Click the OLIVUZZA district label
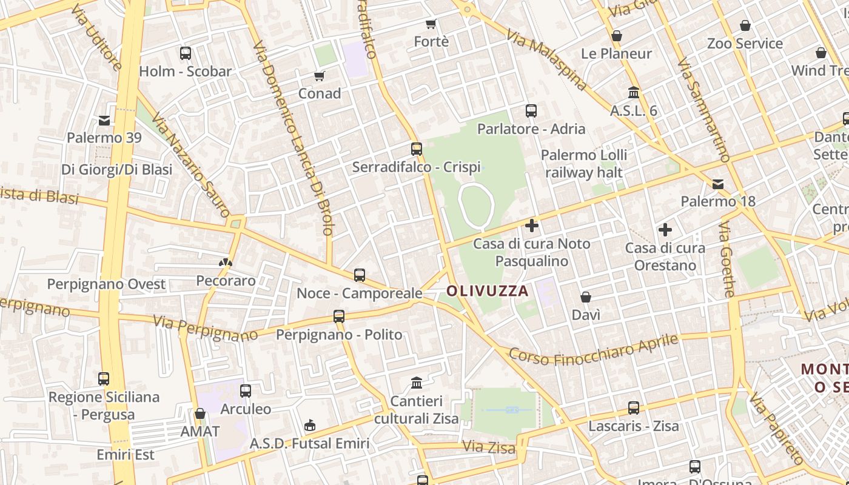[x=488, y=291]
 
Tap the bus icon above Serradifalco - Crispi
[x=416, y=149]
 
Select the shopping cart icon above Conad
[x=320, y=76]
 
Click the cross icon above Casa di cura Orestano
[x=665, y=230]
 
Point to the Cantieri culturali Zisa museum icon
[x=417, y=383]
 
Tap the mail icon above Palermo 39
[x=104, y=121]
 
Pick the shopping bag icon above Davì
[x=586, y=297]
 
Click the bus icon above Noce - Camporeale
[x=360, y=275]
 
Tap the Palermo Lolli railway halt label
[x=584, y=164]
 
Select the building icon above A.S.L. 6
[x=634, y=93]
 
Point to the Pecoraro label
[x=226, y=281]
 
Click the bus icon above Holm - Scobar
[x=186, y=53]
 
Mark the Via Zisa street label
[x=489, y=447]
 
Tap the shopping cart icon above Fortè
[x=431, y=24]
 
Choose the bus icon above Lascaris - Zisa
[x=634, y=408]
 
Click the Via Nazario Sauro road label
[x=190, y=164]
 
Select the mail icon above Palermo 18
[x=718, y=184]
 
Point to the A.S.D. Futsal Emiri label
[x=309, y=444]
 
